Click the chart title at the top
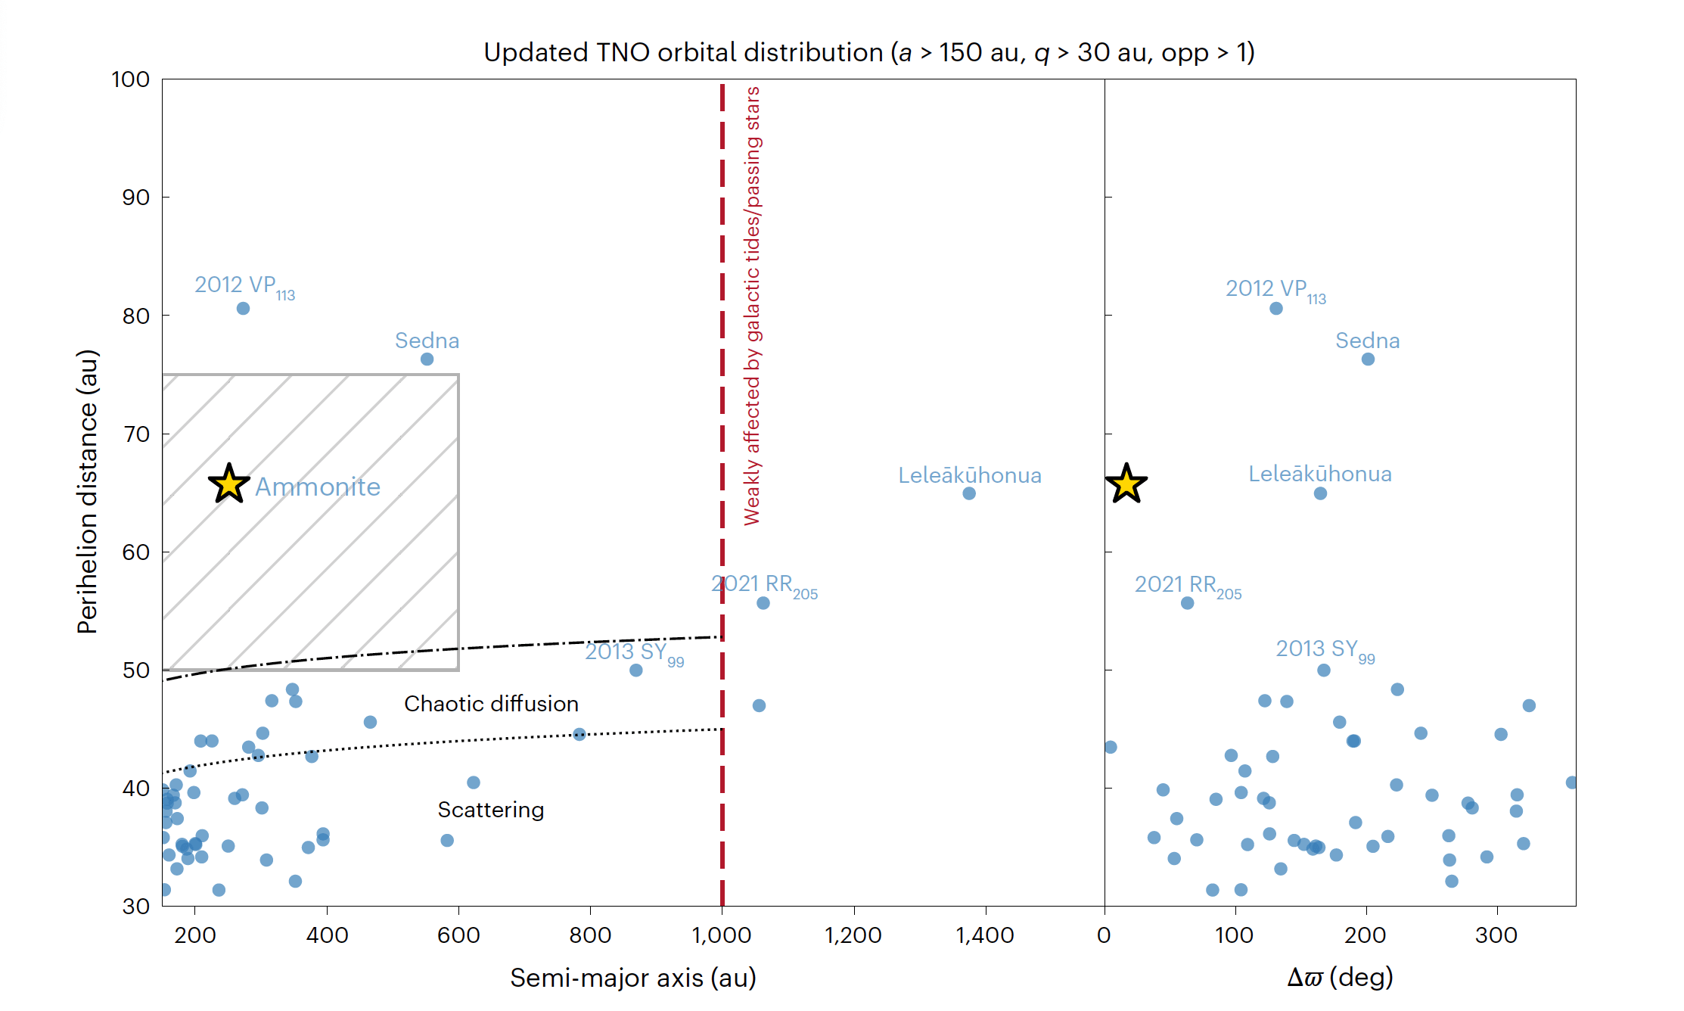869,53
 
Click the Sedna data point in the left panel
427,359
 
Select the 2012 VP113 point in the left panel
243,309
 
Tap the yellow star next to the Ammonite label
228,484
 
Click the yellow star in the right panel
1126,484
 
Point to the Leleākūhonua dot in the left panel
969,493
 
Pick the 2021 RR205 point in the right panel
1187,603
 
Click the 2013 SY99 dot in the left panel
636,670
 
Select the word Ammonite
318,487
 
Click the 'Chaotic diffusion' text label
491,704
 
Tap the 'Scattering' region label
491,810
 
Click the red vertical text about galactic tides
752,306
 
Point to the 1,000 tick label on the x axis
722,935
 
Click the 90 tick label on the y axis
135,198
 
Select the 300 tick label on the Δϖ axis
1496,935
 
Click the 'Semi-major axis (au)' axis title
633,978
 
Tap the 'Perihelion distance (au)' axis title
88,492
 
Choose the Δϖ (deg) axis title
1340,978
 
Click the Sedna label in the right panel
1367,341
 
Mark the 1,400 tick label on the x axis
985,935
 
